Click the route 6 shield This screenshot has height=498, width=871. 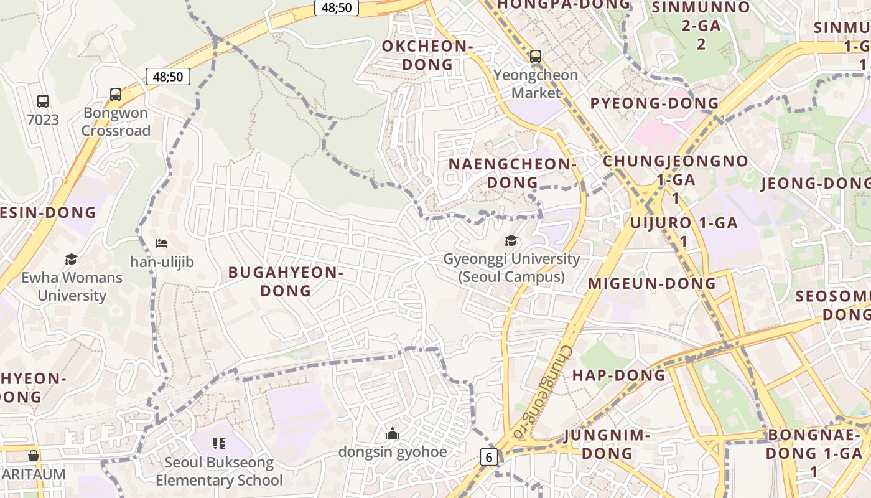[489, 458]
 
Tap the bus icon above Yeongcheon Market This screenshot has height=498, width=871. [536, 57]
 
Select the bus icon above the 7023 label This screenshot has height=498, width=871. [43, 101]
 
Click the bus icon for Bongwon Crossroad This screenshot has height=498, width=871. [116, 95]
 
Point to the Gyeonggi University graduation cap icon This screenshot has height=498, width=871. [511, 241]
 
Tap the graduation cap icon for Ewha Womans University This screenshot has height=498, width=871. [72, 259]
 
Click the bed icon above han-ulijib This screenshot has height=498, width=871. [162, 243]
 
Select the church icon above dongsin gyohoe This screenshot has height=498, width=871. [393, 433]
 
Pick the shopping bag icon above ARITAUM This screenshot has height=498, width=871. [34, 456]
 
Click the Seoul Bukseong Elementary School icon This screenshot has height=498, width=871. [218, 444]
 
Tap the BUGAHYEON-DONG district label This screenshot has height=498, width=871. [286, 281]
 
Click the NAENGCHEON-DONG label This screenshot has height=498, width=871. [511, 173]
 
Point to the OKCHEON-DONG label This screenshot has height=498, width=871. [427, 55]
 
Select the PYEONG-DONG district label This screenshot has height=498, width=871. [654, 103]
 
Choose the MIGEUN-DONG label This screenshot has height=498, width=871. [652, 284]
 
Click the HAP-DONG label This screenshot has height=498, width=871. [618, 375]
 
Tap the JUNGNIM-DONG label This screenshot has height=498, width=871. [607, 444]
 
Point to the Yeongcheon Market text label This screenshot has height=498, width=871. [536, 84]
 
